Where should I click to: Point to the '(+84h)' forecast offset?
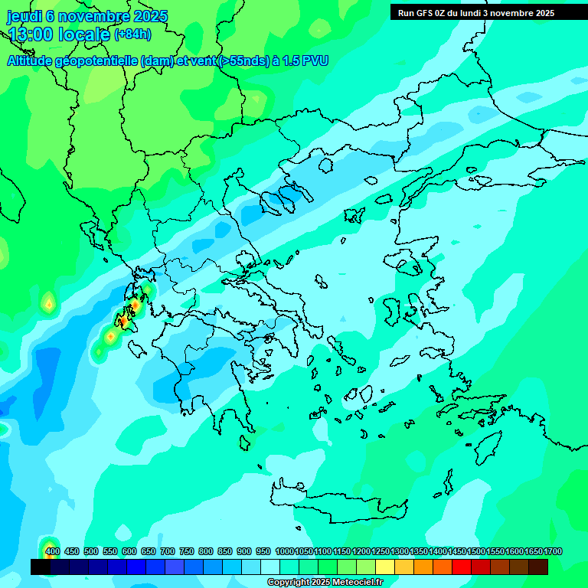(132, 34)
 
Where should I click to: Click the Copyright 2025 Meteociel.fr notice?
(325, 583)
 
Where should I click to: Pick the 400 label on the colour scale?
(52, 551)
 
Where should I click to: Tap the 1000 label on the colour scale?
(284, 551)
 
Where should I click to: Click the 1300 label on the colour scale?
(400, 551)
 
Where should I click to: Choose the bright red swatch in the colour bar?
(462, 567)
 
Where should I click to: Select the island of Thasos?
(326, 165)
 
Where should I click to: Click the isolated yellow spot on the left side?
(49, 305)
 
